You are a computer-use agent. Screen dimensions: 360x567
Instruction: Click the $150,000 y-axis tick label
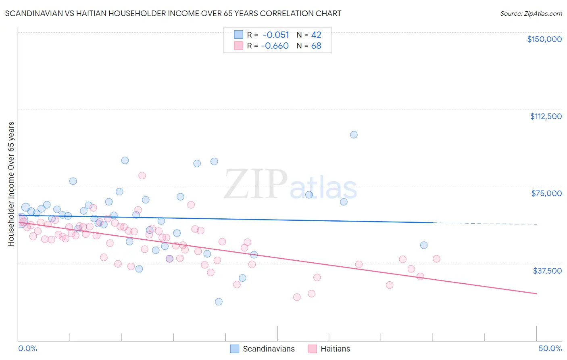544,39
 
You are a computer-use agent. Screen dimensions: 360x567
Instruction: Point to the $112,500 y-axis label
546,116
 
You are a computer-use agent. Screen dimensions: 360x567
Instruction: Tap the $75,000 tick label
546,193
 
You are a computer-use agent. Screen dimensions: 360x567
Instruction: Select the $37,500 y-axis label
547,271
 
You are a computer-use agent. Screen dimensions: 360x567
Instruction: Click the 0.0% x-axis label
27,348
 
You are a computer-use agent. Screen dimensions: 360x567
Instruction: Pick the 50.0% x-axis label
550,348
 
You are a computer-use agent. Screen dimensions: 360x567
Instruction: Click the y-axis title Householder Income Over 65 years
11,184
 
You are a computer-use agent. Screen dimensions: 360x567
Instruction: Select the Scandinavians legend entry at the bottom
263,349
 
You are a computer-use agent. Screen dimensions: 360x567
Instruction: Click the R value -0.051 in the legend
276,35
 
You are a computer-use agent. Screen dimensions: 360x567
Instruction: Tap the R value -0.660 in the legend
275,46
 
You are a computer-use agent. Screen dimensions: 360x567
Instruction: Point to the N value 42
316,35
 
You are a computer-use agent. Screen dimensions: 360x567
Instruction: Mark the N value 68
316,46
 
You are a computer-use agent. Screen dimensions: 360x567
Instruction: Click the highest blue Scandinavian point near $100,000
354,135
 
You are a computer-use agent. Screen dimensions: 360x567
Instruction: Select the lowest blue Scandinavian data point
219,301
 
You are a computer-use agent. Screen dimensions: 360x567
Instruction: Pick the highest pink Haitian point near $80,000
142,176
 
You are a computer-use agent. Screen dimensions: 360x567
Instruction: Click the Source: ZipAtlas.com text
531,14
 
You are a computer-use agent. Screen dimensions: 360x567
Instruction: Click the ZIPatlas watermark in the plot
290,185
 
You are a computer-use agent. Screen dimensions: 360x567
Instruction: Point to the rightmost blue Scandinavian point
423,245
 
